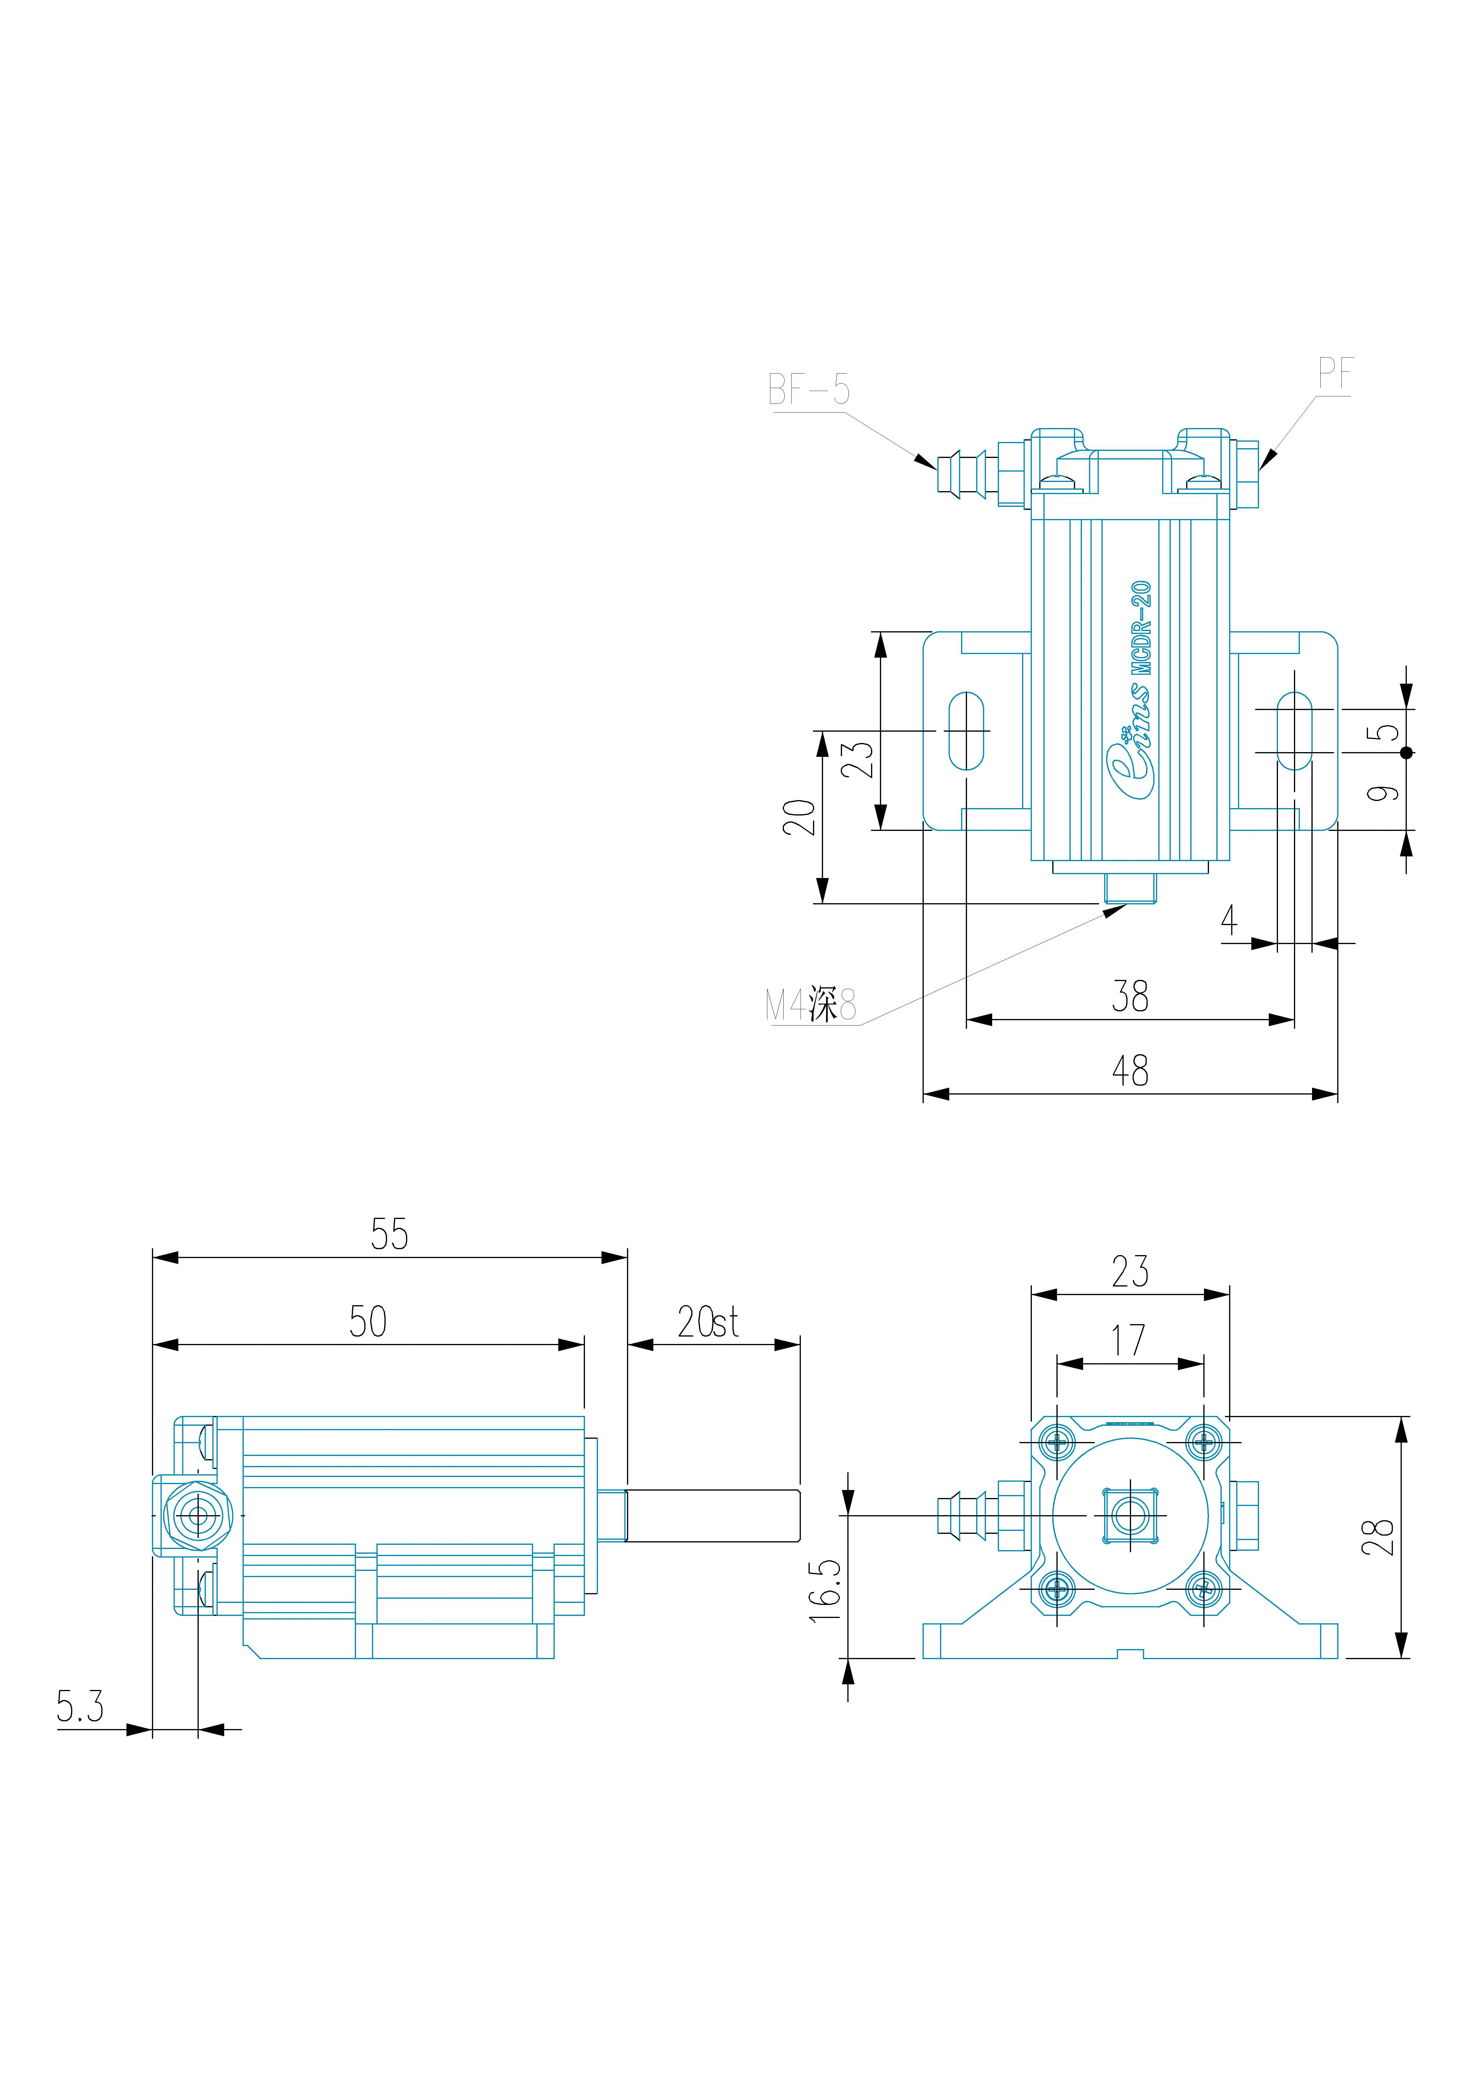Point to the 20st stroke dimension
[x=708, y=1322]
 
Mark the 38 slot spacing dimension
[x=1130, y=996]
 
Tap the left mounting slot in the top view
[x=967, y=730]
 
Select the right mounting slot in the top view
[x=1294, y=730]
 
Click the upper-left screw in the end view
[x=1057, y=1441]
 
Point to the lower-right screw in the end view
[x=1204, y=1587]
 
